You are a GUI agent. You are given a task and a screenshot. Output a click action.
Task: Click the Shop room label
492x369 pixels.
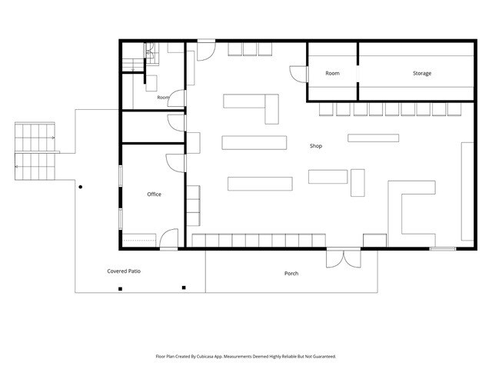[316, 146]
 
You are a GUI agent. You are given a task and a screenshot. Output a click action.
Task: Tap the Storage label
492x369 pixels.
[422, 74]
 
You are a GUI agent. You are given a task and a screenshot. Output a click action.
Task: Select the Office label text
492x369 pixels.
[154, 194]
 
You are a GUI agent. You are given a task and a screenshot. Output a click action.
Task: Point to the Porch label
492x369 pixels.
[291, 274]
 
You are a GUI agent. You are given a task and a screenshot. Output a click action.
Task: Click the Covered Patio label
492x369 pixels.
[124, 271]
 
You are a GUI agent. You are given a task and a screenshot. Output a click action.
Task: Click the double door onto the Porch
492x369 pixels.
[344, 258]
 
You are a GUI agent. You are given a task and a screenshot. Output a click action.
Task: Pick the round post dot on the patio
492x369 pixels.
[81, 187]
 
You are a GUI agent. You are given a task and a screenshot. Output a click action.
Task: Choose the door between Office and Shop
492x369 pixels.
[176, 163]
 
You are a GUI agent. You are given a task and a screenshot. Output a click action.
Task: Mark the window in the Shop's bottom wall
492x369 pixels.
[443, 249]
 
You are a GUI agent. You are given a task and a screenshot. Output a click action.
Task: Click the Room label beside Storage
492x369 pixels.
[332, 74]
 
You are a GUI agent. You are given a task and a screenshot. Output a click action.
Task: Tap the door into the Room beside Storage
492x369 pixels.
[299, 75]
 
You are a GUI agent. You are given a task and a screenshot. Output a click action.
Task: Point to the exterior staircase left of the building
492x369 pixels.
[35, 151]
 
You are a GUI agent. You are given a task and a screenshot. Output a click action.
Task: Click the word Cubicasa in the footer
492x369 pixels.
[205, 357]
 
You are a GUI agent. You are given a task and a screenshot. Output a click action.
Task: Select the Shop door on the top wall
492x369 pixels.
[206, 50]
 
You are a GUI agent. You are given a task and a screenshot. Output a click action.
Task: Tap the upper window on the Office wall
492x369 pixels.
[121, 175]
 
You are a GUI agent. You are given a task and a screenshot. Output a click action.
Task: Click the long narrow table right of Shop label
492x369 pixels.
[374, 138]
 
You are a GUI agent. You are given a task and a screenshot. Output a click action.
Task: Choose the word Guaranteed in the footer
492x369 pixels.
[325, 357]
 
